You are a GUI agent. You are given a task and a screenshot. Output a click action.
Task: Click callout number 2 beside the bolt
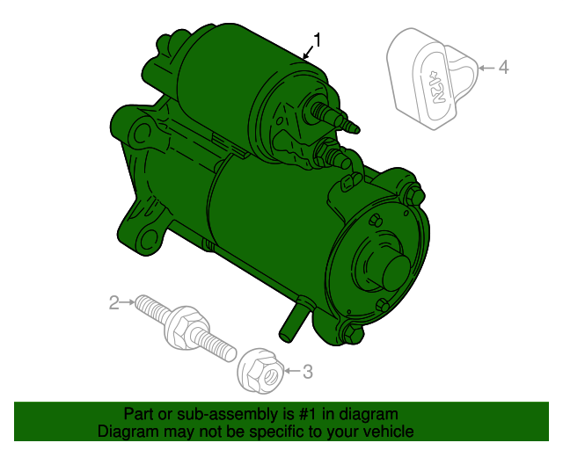113,303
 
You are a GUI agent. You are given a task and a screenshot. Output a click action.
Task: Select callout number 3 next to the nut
308,372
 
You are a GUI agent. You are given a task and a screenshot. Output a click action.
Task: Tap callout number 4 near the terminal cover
504,68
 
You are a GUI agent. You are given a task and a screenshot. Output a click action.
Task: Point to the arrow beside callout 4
487,68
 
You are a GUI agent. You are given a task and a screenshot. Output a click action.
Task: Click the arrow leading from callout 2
127,302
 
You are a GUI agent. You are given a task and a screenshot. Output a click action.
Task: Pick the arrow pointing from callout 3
292,371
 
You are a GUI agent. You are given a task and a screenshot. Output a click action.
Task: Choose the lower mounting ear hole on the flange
149,239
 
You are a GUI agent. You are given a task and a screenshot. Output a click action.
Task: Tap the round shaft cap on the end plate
396,272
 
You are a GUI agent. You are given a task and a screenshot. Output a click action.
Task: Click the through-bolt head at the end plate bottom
354,334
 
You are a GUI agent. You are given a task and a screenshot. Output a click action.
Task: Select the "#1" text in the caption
308,414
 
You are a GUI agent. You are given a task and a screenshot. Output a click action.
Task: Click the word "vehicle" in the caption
389,431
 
